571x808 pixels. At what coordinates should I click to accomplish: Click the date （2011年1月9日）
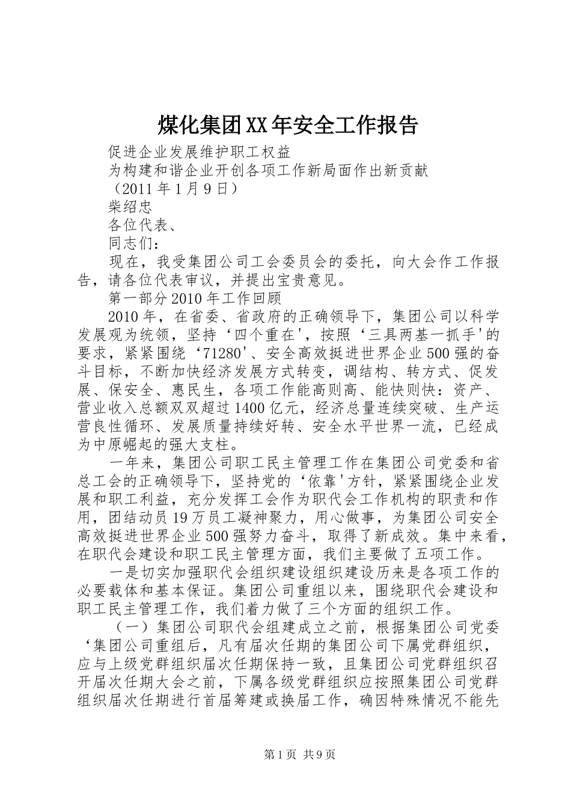[176, 188]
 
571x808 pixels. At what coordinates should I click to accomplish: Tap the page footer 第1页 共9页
[285, 755]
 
